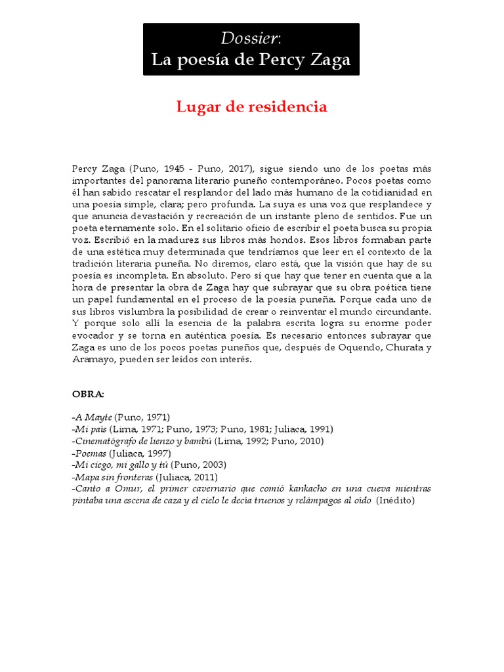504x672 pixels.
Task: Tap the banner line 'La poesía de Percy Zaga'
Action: coord(251,60)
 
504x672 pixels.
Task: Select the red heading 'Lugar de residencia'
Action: coord(251,107)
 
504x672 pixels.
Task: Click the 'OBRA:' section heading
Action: coord(88,394)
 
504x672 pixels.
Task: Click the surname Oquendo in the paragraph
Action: coord(356,348)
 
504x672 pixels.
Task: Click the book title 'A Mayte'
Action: coord(94,417)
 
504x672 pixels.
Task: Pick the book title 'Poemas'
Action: coord(91,453)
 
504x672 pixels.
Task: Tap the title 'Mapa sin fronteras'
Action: coord(112,477)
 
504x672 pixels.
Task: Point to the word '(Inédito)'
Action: coord(396,501)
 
